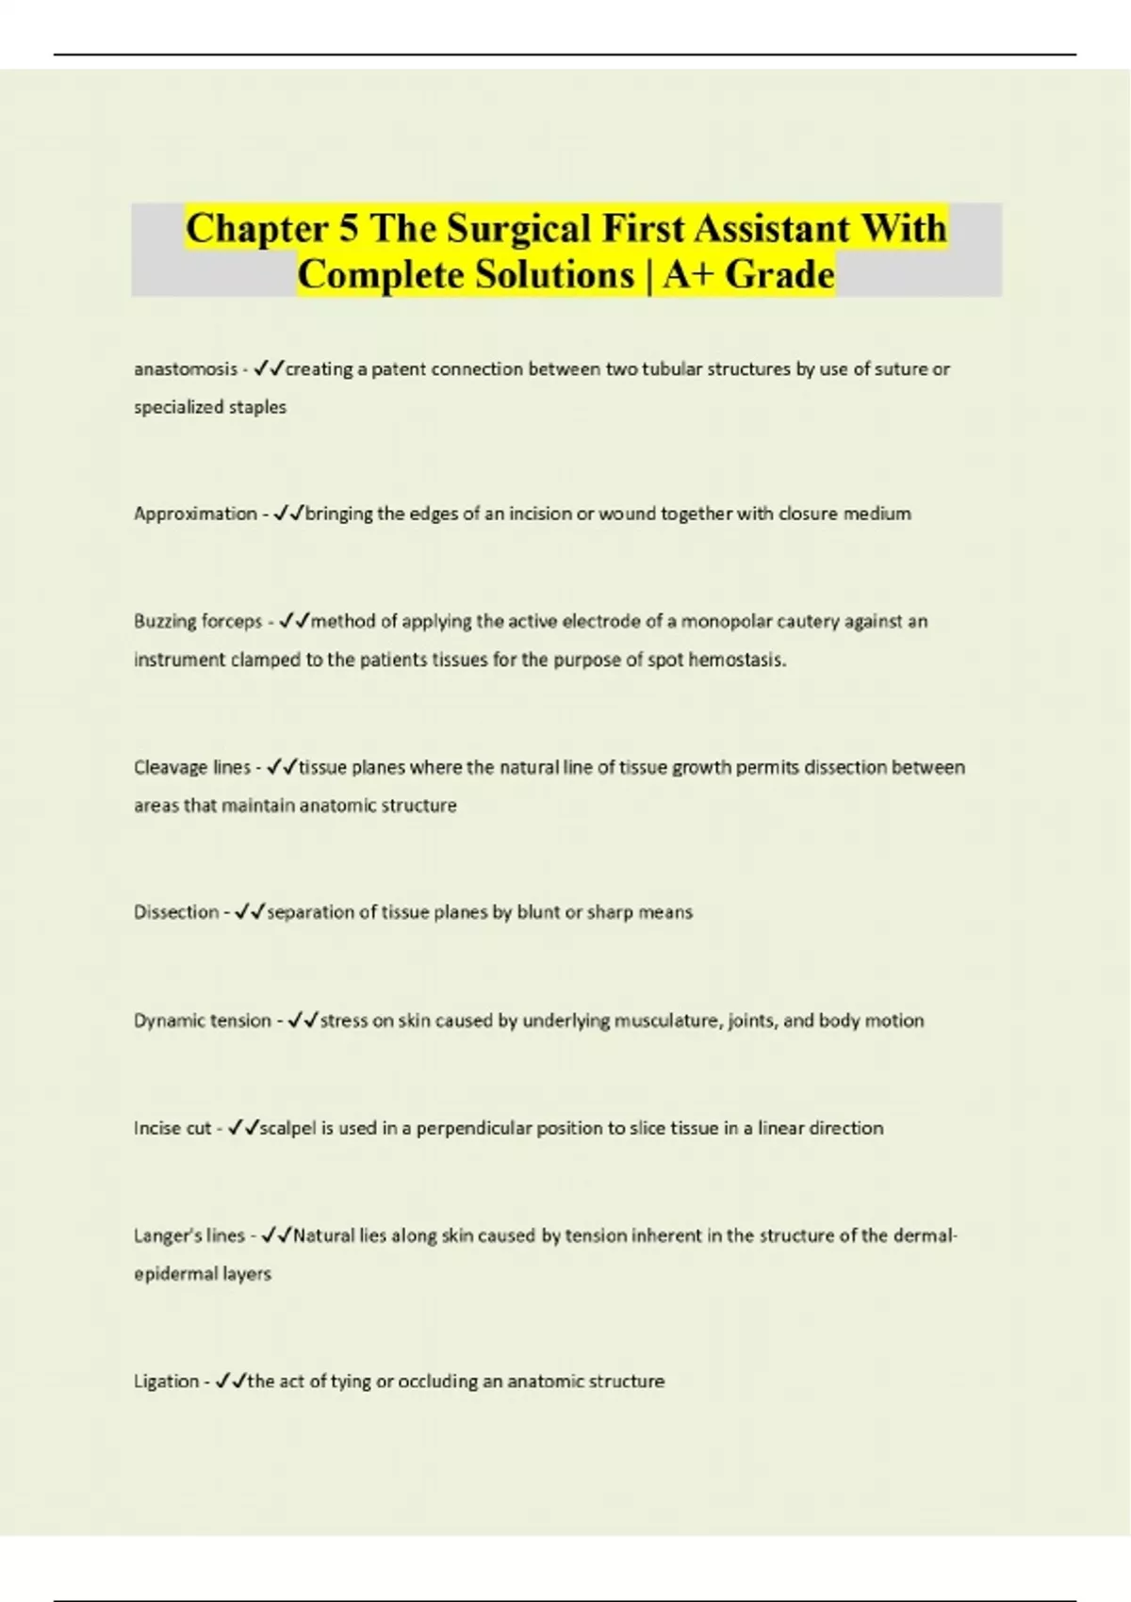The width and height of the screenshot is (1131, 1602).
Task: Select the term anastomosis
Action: click(186, 369)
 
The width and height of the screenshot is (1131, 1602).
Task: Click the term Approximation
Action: click(195, 514)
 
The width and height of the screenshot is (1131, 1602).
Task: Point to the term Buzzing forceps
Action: click(198, 621)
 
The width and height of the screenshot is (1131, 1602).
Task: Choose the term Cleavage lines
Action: click(192, 767)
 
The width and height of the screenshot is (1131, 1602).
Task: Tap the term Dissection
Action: click(176, 912)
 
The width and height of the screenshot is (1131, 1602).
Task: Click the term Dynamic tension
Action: click(202, 1021)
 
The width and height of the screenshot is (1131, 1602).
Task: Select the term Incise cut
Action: click(172, 1128)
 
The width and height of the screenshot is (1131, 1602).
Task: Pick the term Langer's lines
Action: click(189, 1235)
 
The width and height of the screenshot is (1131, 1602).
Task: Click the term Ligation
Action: click(167, 1381)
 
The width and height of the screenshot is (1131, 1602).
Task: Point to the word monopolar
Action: click(723, 621)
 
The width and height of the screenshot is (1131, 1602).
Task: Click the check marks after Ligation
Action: click(231, 1381)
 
